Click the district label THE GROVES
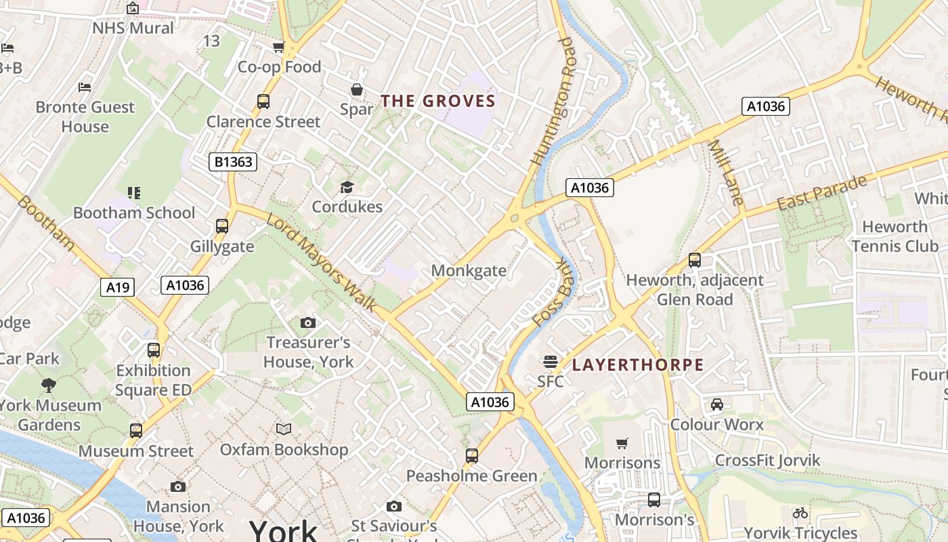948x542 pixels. [x=438, y=102]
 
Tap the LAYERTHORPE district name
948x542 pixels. [x=638, y=365]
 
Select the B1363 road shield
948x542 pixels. [x=232, y=161]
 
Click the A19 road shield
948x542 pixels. [x=117, y=287]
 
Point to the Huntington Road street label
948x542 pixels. [x=553, y=102]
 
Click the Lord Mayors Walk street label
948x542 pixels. [x=322, y=263]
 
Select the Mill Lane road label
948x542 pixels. [x=726, y=173]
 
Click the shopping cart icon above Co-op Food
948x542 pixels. [x=278, y=47]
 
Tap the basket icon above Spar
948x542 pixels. [x=356, y=89]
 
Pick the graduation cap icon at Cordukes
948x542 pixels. [x=347, y=187]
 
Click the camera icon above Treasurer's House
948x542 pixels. [x=308, y=322]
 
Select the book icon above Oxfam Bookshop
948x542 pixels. [x=284, y=429]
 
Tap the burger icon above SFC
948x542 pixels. [x=551, y=361]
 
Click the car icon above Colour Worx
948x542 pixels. [x=716, y=404]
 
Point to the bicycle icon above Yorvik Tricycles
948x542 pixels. [x=800, y=513]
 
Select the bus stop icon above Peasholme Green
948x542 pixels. [x=472, y=455]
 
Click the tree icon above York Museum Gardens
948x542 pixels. [x=49, y=385]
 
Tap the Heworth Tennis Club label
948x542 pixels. [x=895, y=236]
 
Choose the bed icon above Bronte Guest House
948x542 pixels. [x=85, y=87]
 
